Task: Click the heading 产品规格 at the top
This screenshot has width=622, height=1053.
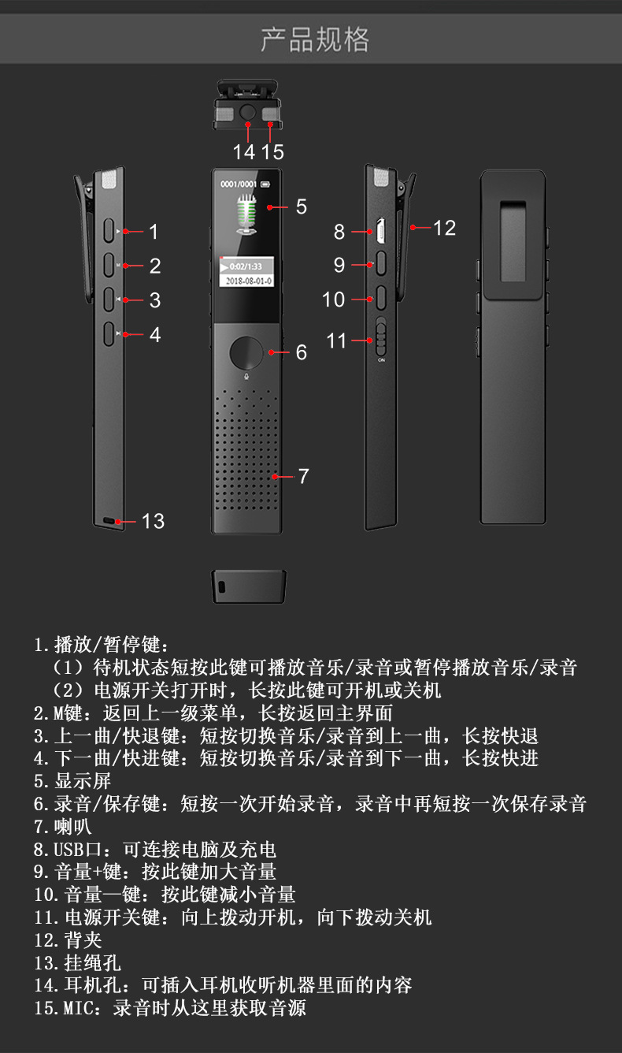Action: [314, 39]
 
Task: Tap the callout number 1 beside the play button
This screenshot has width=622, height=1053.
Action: [154, 232]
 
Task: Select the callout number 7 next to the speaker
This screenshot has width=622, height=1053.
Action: [303, 476]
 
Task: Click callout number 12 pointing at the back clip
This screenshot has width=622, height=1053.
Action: [444, 228]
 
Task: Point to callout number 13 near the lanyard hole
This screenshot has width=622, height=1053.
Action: [153, 521]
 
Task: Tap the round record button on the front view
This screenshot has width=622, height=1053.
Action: [247, 352]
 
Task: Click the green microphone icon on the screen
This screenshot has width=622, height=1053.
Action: [247, 214]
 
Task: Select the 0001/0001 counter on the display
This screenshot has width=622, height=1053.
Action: [239, 184]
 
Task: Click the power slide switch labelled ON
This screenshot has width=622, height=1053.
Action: [381, 339]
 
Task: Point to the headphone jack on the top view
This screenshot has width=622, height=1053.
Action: [248, 113]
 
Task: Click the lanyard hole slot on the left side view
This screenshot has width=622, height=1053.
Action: [109, 521]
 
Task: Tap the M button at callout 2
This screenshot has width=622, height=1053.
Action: [109, 265]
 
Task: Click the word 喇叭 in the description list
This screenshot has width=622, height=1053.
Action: [73, 827]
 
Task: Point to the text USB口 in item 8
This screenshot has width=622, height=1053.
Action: [78, 850]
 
